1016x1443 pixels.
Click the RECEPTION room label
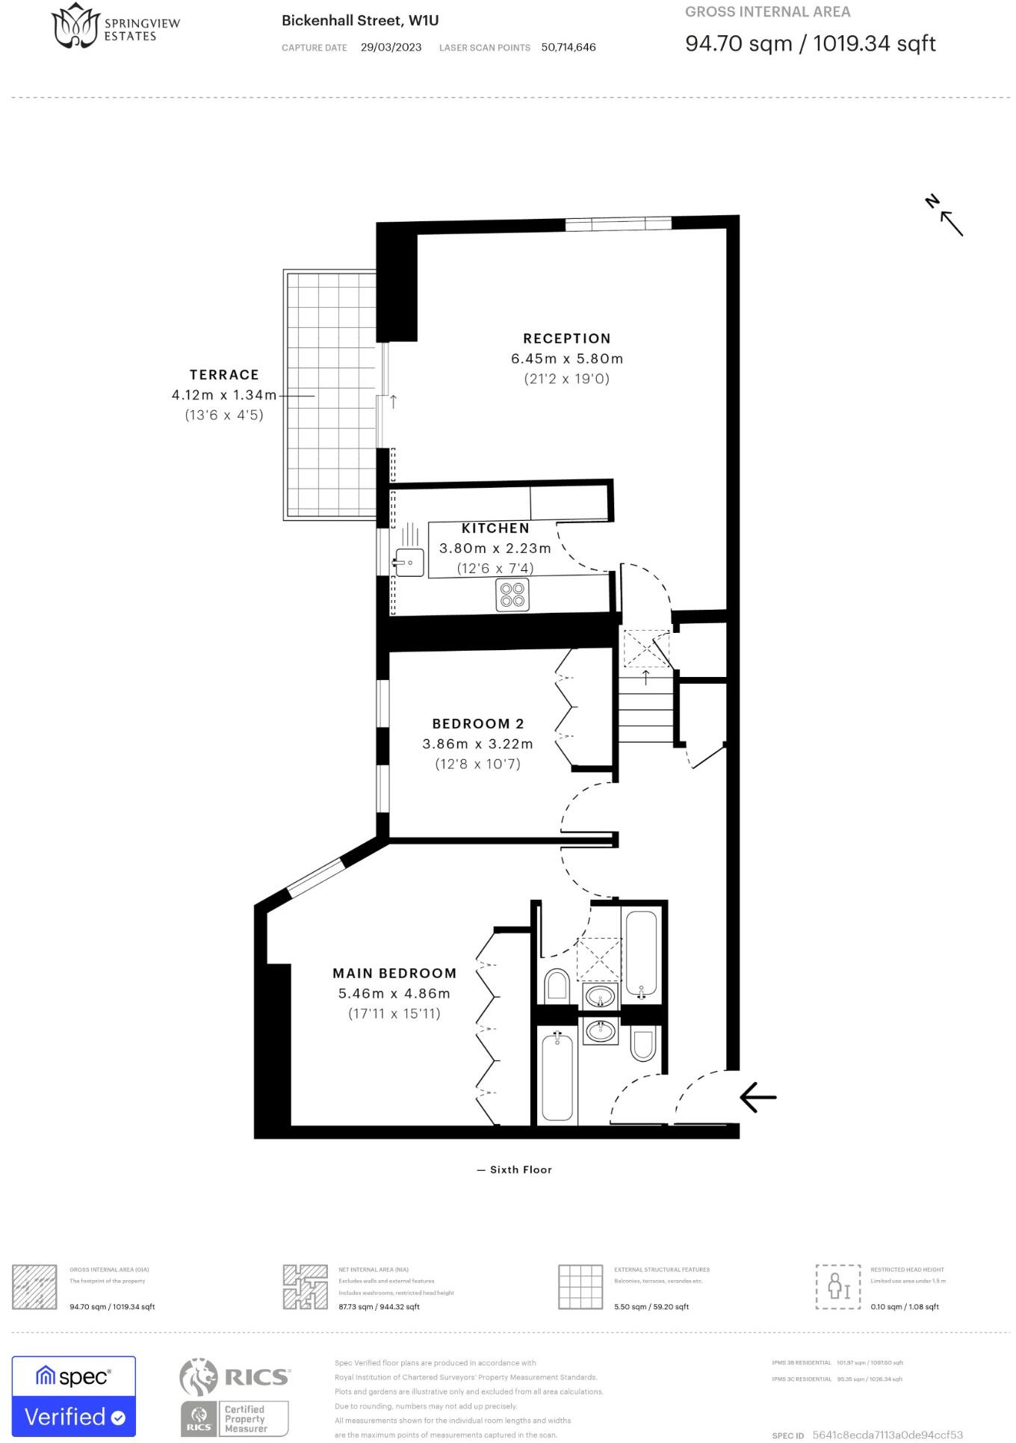pyautogui.click(x=566, y=339)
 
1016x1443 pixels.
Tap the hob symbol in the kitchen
pyautogui.click(x=512, y=595)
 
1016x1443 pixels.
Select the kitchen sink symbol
pyautogui.click(x=408, y=562)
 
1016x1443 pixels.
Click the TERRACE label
pyautogui.click(x=224, y=374)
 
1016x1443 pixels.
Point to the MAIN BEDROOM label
pyautogui.click(x=394, y=973)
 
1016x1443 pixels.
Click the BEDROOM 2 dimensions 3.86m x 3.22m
pyautogui.click(x=477, y=744)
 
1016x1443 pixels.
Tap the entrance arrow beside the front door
pyautogui.click(x=758, y=1097)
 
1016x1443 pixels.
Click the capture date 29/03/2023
pyautogui.click(x=391, y=47)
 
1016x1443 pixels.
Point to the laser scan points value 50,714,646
pyautogui.click(x=569, y=47)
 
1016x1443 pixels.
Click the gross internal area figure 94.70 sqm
pyautogui.click(x=738, y=43)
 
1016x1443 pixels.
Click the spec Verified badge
pyautogui.click(x=74, y=1396)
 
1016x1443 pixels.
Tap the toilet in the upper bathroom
pyautogui.click(x=557, y=985)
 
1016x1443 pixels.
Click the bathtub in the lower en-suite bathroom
pyautogui.click(x=557, y=1076)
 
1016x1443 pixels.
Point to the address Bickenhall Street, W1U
pyautogui.click(x=360, y=21)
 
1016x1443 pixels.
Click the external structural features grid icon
pyautogui.click(x=580, y=1287)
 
